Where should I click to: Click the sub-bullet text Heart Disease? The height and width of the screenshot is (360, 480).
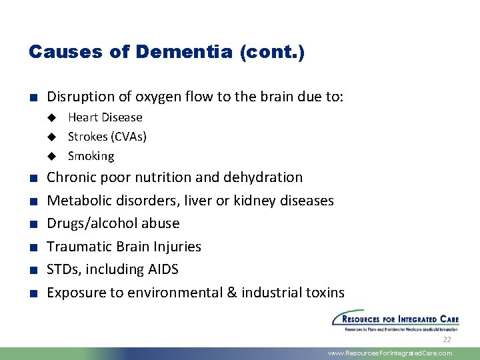pos(105,117)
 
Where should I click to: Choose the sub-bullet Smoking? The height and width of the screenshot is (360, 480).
pos(91,156)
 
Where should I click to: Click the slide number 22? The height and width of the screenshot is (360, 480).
pos(447,339)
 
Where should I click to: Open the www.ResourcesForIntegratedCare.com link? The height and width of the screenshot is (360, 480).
pos(390,353)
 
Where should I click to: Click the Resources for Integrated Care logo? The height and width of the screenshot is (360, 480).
pos(395,321)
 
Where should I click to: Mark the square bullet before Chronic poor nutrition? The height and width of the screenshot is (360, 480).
pos(32,178)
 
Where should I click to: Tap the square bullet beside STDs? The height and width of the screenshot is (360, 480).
pos(32,270)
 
